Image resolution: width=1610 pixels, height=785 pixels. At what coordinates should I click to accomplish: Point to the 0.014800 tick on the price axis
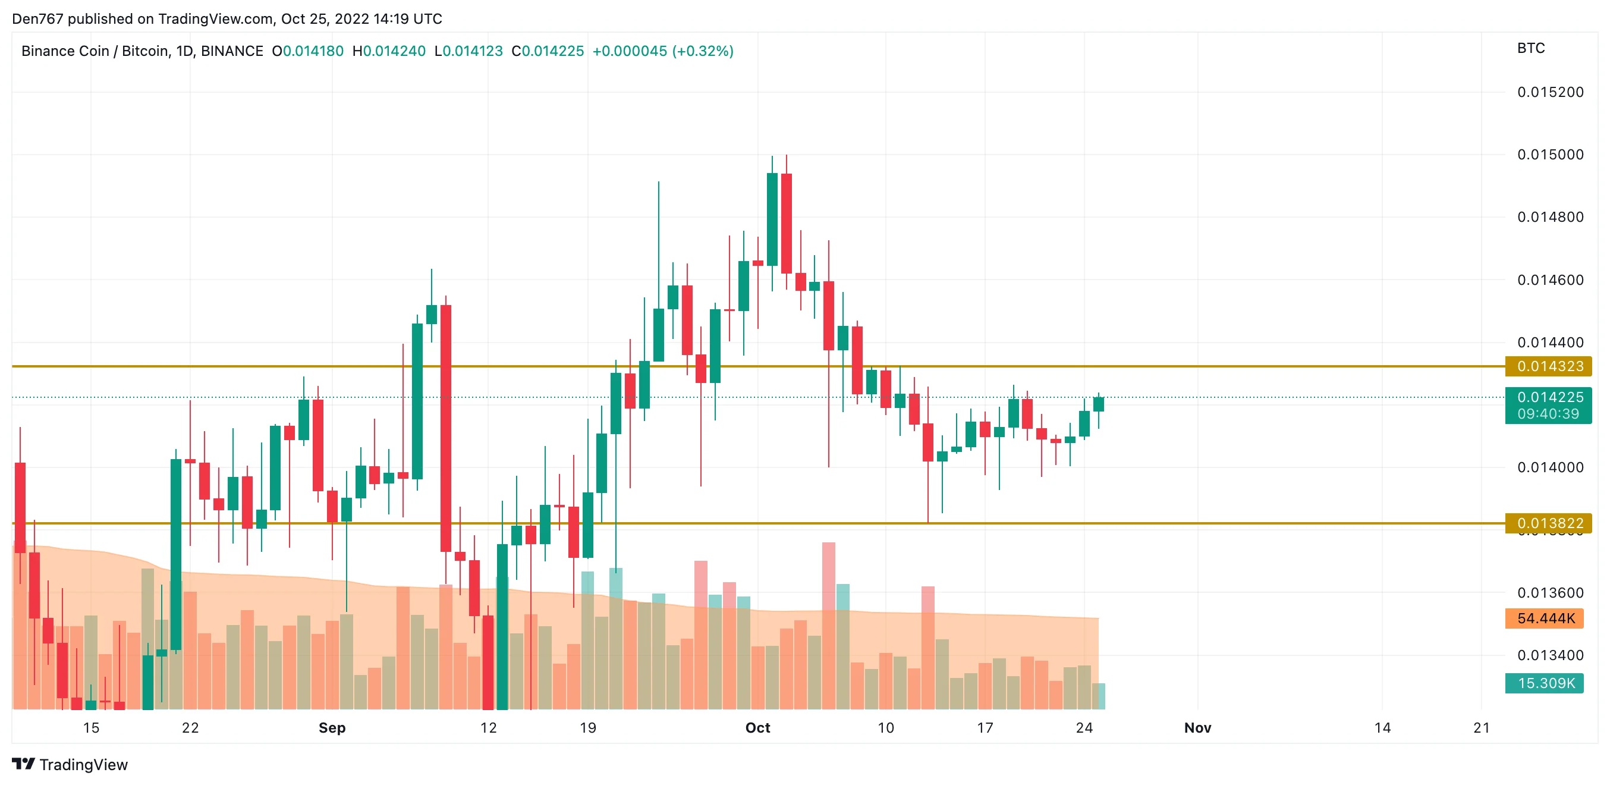coord(1550,218)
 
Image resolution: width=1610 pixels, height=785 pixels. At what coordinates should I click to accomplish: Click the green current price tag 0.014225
coord(1548,397)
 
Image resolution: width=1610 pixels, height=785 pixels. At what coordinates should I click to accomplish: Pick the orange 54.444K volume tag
coord(1545,618)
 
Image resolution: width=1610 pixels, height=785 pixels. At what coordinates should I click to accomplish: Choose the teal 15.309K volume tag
coord(1545,683)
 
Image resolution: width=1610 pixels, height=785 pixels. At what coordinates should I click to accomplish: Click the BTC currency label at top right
coord(1530,48)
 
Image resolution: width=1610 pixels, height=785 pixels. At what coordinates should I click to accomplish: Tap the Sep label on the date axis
coord(332,727)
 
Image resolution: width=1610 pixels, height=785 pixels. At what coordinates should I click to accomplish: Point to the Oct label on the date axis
coord(757,727)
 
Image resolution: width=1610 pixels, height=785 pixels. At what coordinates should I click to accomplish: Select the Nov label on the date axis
coord(1197,727)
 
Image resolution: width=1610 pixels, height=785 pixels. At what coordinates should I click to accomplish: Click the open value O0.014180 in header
coord(307,51)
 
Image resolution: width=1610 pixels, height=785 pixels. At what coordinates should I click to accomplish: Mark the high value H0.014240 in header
coord(389,51)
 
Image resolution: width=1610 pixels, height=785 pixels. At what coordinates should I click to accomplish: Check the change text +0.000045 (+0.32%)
coord(662,51)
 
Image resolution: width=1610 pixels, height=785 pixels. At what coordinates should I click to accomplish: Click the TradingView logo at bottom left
coord(70,764)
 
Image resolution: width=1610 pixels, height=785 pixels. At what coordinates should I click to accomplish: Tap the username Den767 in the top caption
coord(37,19)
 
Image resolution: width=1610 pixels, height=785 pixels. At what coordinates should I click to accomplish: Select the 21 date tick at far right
coord(1481,727)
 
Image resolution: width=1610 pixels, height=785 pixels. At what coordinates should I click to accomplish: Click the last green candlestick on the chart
coord(1098,404)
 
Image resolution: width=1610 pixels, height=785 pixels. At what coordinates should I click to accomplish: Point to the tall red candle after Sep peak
coord(446,428)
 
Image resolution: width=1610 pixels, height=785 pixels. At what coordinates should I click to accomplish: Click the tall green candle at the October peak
coord(772,219)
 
